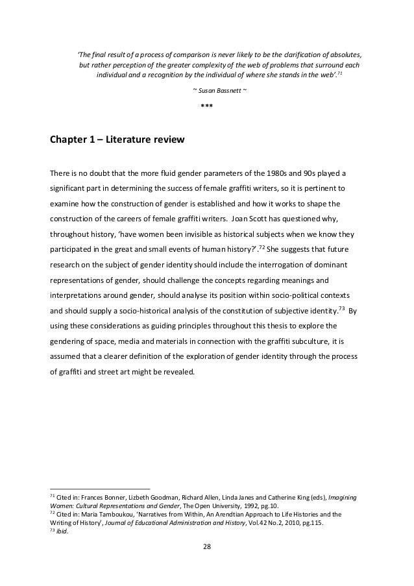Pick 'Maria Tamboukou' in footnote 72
click(114, 513)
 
